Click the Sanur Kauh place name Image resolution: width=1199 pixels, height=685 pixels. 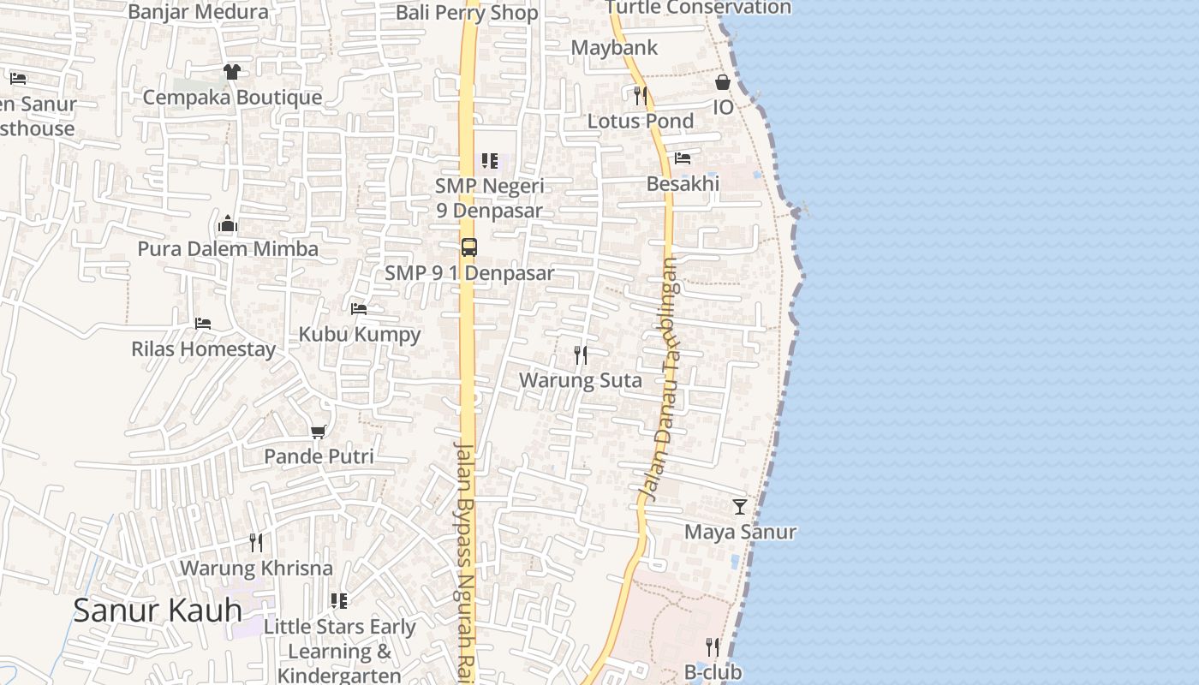157,611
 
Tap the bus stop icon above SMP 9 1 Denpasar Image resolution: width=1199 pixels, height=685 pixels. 468,247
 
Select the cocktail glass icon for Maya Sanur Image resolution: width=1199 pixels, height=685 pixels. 740,507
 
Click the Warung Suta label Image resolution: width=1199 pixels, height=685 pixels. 581,380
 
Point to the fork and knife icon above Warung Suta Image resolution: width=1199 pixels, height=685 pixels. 581,354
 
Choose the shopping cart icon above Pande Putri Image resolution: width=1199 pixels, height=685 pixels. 319,432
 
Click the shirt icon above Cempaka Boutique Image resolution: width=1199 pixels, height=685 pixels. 231,72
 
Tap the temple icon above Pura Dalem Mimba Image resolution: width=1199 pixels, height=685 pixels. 228,223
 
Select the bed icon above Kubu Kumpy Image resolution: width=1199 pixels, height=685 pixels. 359,308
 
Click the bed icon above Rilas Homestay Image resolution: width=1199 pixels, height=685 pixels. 203,324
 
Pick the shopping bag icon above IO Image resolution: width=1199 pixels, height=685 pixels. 723,82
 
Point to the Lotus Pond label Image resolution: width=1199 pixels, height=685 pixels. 641,121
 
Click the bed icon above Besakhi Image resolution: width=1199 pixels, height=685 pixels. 683,158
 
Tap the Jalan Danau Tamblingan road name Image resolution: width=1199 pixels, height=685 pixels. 660,380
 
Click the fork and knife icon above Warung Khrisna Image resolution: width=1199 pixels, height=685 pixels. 255,542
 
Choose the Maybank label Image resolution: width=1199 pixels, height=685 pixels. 615,48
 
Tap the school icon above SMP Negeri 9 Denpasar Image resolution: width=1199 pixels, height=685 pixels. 489,160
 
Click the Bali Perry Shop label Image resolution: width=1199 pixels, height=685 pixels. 467,13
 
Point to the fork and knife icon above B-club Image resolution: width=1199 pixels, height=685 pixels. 712,646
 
